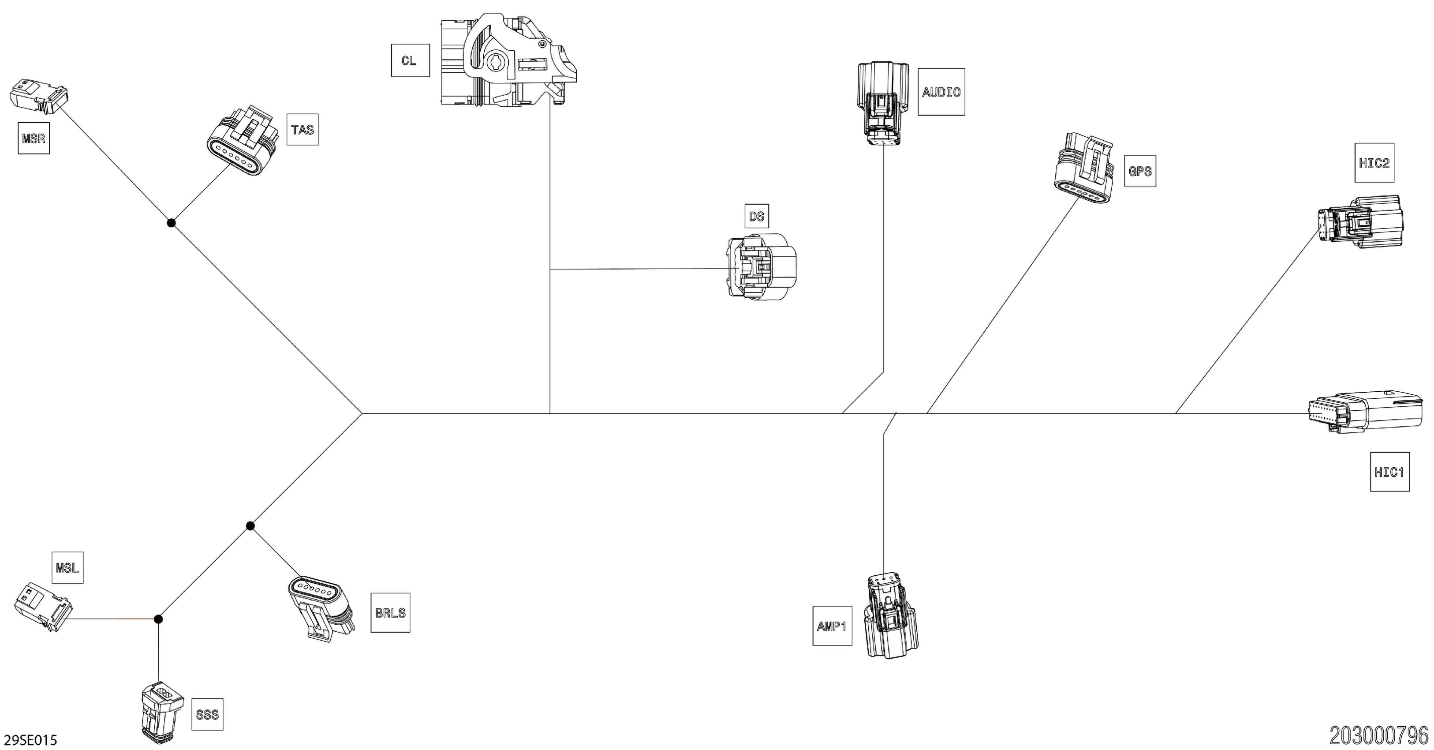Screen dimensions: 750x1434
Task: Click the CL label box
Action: [x=410, y=60]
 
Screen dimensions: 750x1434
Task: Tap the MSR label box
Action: [x=34, y=138]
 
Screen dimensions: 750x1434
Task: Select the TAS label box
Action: [x=302, y=130]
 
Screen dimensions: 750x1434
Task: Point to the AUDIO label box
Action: [x=941, y=92]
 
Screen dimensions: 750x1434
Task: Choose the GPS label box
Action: [x=1139, y=171]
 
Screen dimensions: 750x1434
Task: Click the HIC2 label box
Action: [x=1374, y=163]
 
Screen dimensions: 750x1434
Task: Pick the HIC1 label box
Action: [x=1389, y=472]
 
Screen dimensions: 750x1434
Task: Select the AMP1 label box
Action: [x=832, y=626]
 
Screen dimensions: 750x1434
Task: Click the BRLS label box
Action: [x=390, y=612]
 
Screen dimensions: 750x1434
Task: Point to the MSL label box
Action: [x=67, y=567]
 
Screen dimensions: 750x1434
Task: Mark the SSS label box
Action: [x=207, y=714]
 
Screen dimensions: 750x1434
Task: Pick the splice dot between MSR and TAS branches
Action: [x=172, y=223]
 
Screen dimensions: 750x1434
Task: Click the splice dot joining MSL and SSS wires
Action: [x=158, y=619]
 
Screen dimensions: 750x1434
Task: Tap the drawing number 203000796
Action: [x=1378, y=735]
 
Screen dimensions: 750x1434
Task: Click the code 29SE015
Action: [x=30, y=740]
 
